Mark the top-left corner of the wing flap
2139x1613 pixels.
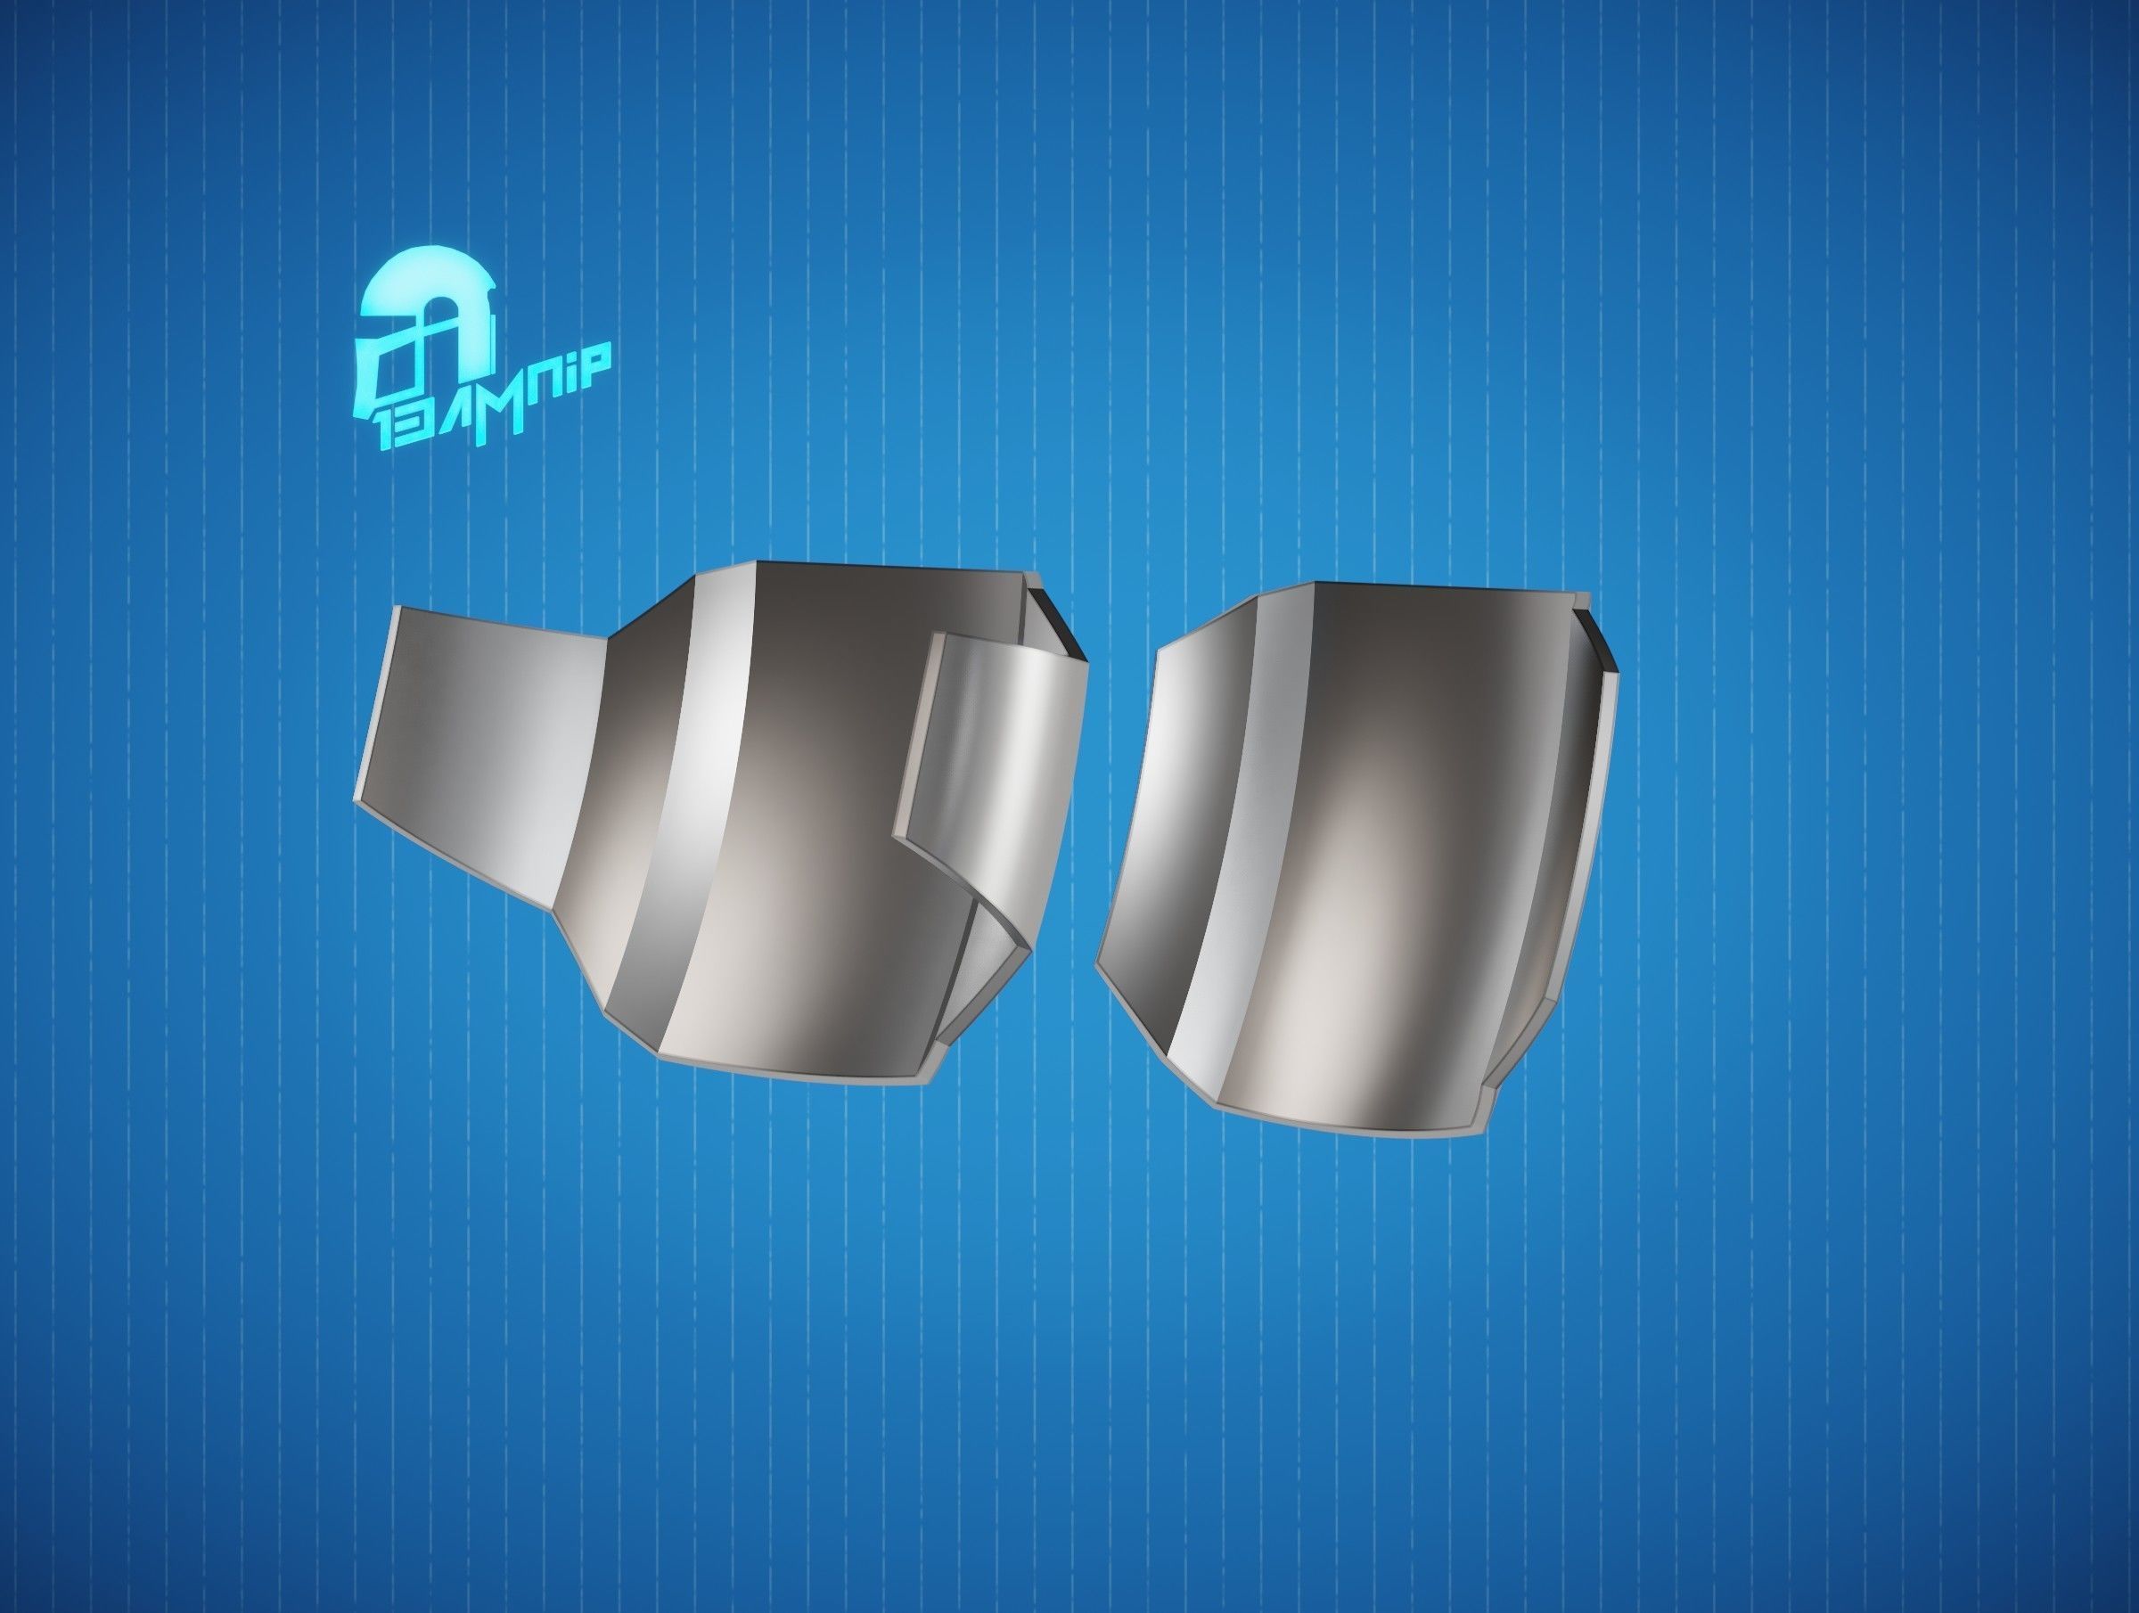398,610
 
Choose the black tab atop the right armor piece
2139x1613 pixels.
1595,638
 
